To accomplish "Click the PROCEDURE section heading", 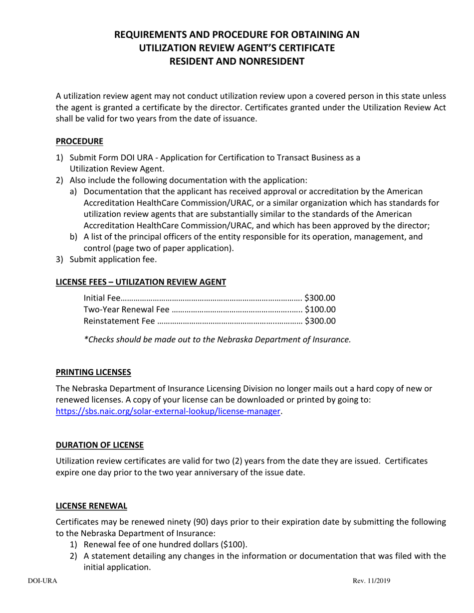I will [x=79, y=141].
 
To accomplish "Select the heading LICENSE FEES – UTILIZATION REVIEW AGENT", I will [x=141, y=282].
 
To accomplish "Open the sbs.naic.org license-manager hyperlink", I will [x=168, y=411].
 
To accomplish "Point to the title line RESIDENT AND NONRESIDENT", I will [x=237, y=61].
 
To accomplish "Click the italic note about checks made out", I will [x=217, y=339].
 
